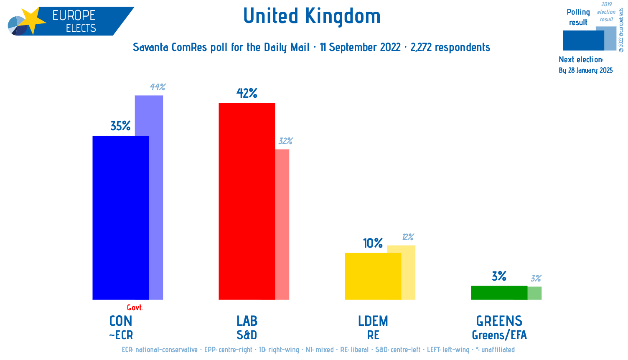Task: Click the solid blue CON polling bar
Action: pos(120,217)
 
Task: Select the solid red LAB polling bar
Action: pos(247,200)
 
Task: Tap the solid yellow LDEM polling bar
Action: pos(373,276)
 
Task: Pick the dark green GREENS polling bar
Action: pos(499,292)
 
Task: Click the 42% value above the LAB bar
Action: pos(247,93)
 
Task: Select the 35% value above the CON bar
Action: pos(120,126)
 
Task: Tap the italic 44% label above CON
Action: pos(158,87)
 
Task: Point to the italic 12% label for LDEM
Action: pos(408,237)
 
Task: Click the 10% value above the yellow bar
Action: pos(373,243)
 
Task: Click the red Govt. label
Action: pos(135,308)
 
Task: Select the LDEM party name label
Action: pos(373,321)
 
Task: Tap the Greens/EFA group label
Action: pos(499,335)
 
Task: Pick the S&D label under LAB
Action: pos(247,335)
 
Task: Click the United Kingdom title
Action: pos(312,16)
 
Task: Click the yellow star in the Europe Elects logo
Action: pos(32,20)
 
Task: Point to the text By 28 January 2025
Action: pos(585,70)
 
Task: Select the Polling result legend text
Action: pos(578,17)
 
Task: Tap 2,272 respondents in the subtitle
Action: pos(450,47)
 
